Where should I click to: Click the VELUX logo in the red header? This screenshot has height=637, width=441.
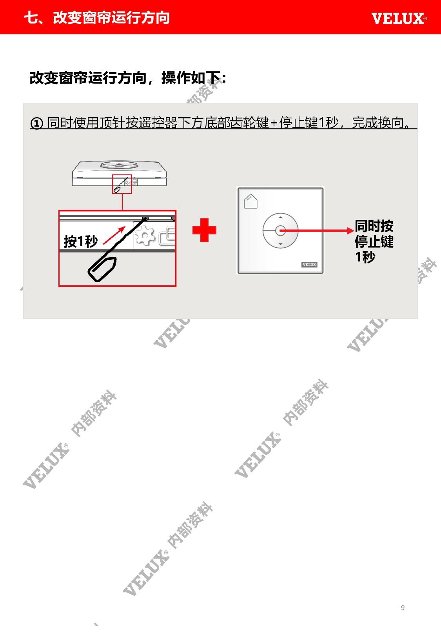point(399,18)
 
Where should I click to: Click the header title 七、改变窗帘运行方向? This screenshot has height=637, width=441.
point(97,18)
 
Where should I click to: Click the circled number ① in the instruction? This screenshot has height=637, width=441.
point(37,123)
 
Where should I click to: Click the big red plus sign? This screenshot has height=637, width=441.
point(204,230)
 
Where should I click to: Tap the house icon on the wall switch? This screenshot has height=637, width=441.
point(250,201)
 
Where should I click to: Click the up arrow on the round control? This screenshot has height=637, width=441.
point(280,217)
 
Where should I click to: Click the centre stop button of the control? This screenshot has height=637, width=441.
point(280,230)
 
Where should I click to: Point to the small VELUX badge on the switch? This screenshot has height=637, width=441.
point(309,265)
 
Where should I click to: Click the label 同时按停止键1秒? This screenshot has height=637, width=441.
point(374,241)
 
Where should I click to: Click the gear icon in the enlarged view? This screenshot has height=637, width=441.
point(145,236)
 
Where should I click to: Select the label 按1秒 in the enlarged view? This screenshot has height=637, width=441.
point(81,241)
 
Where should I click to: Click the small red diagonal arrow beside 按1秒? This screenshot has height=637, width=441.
point(114,235)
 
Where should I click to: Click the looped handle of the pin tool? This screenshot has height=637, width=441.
point(102,269)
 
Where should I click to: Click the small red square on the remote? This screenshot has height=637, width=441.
point(122,184)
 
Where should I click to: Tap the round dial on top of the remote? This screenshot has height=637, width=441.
point(119,165)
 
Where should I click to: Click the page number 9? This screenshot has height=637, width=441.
point(403,608)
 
